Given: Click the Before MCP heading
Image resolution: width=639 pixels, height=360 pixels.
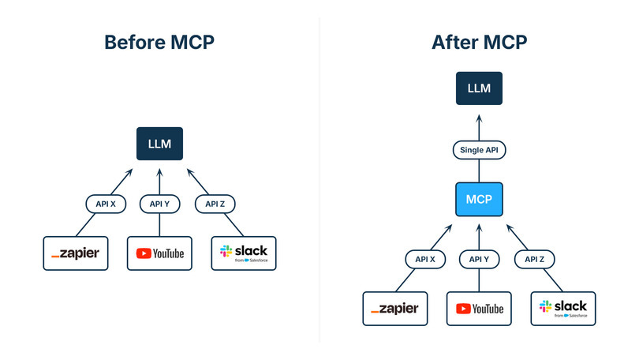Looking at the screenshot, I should pos(159,43).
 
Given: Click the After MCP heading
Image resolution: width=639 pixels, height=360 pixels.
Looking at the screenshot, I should pos(479,43).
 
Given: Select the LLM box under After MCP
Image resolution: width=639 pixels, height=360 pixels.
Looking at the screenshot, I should pos(479,88).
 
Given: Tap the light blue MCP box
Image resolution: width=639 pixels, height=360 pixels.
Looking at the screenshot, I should pos(479,201).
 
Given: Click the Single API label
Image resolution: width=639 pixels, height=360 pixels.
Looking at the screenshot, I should pos(479,150).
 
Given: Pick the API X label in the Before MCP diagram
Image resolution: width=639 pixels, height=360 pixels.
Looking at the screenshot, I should pos(106,204).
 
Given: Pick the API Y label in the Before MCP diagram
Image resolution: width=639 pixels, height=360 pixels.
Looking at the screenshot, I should pos(159,204).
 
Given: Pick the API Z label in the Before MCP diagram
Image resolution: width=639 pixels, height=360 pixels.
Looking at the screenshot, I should pos(214,204).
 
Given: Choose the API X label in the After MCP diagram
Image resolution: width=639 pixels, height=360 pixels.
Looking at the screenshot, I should pos(425,259).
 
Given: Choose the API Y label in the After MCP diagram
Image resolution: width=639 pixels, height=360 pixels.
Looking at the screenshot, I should pos(479,259).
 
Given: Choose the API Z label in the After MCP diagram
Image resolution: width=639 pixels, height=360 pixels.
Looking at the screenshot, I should pos(533,259).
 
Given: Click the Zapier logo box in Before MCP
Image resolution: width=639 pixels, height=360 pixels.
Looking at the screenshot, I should pos(74,253).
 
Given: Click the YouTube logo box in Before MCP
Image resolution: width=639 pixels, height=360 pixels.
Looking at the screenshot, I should pos(159,253).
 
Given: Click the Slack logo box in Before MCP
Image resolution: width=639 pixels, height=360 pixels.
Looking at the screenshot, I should pos(245,253).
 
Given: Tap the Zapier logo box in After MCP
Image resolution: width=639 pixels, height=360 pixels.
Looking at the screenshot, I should pos(394,309).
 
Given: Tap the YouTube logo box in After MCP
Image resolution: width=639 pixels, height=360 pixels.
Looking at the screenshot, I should pos(479,309).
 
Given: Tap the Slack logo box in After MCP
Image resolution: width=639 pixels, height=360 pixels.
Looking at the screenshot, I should pos(564,309).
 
